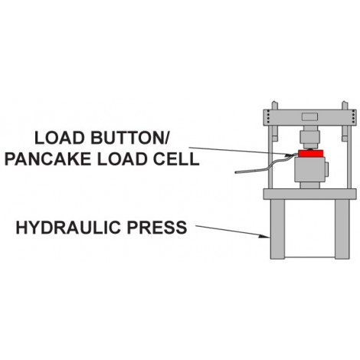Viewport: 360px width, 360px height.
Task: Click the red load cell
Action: pos(311,153)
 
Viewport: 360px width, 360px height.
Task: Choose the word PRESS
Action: pos(157,227)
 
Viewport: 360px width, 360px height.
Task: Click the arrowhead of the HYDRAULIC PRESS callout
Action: pos(265,237)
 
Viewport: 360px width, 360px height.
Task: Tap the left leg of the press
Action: pos(277,229)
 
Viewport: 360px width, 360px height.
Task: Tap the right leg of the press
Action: pos(342,229)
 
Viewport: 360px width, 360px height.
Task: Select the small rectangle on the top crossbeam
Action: pos(309,116)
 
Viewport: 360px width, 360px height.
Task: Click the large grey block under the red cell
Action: pos(309,169)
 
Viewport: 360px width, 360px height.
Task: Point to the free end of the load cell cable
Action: pos(236,172)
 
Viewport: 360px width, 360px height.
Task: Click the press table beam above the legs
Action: pos(309,194)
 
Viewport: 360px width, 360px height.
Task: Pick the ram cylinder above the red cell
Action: pos(309,138)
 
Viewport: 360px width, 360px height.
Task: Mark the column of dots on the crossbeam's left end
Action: pos(267,116)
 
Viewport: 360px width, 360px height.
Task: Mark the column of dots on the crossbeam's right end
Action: pos(353,116)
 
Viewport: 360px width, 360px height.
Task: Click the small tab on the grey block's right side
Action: pos(326,169)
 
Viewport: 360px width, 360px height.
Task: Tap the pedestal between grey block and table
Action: pos(309,185)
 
